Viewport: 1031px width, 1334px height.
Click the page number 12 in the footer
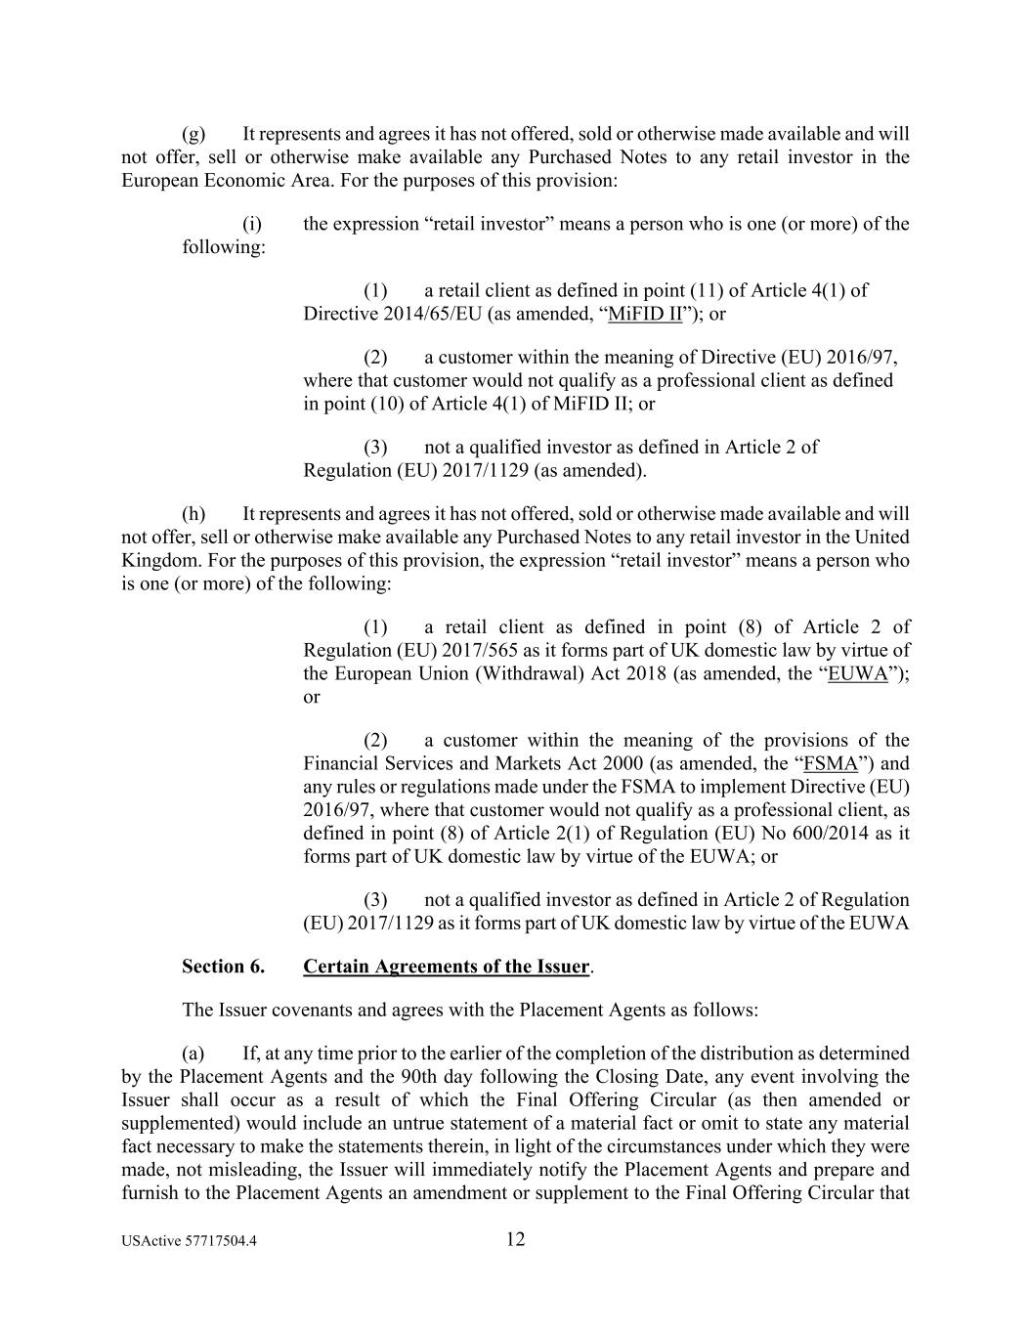516,1240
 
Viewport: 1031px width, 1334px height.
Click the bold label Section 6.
223,967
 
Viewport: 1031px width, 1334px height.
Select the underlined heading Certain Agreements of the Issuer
446,967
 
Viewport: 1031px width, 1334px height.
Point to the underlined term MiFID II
645,314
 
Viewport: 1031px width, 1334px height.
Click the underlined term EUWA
858,673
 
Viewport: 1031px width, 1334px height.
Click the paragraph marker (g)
193,134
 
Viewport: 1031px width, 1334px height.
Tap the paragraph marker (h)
193,513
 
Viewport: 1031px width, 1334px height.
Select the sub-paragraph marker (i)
252,224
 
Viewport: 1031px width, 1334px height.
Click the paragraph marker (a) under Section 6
193,1054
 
